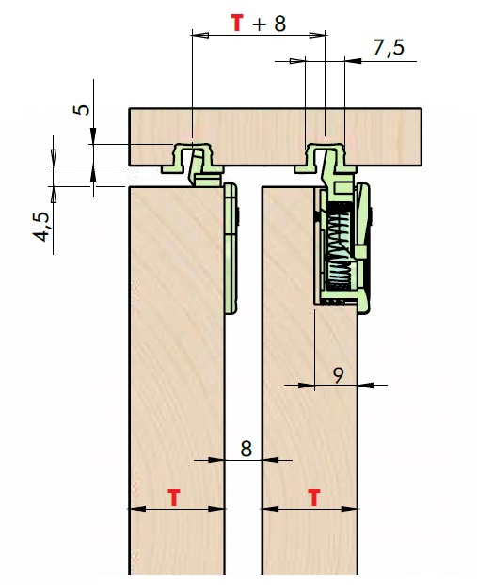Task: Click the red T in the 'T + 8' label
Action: click(237, 23)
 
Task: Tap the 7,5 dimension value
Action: click(389, 48)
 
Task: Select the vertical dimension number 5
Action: click(82, 109)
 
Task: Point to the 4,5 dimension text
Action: click(41, 227)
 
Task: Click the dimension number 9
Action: click(338, 375)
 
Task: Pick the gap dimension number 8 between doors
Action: click(246, 449)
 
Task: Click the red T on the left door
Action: click(174, 498)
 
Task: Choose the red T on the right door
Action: click(314, 498)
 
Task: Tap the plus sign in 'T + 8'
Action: click(260, 24)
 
